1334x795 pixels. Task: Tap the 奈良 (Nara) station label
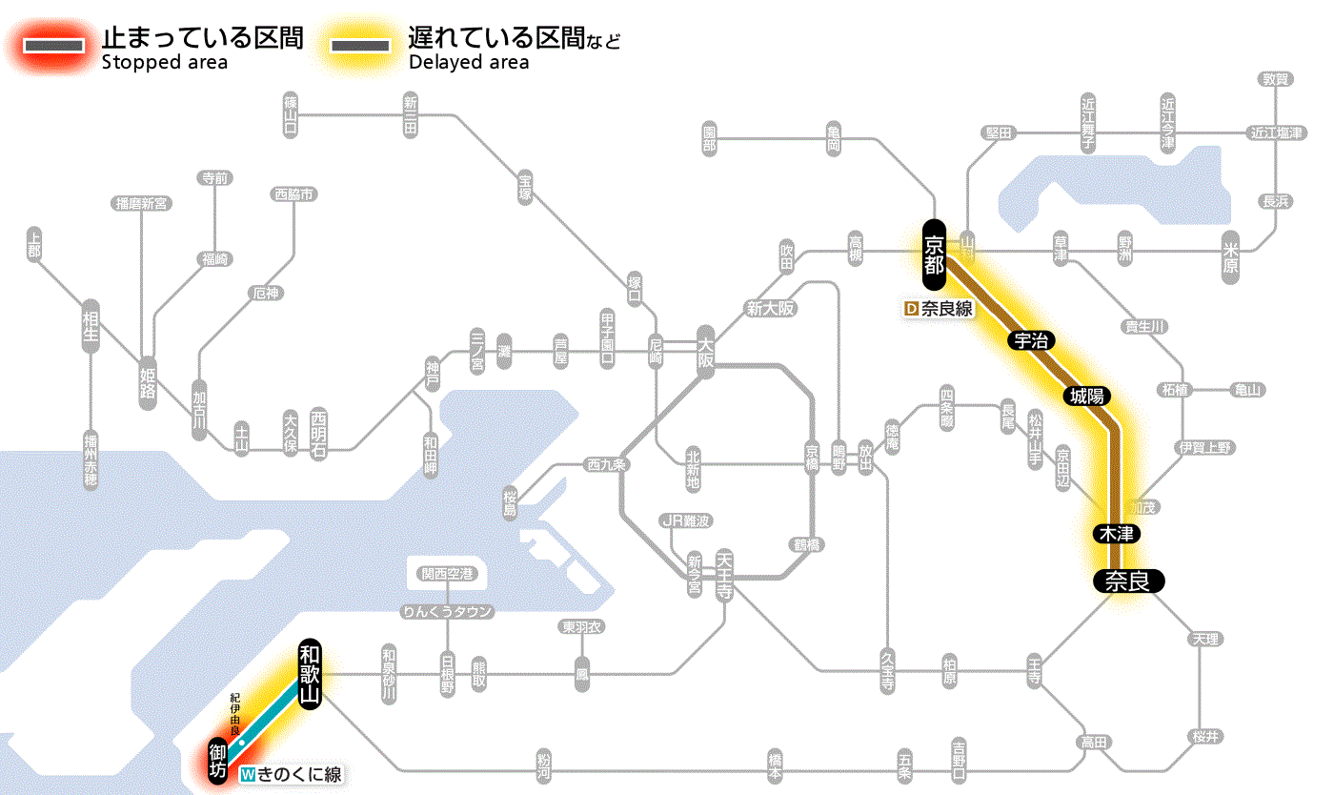[x=1128, y=581]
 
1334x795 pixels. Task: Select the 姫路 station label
[x=148, y=382]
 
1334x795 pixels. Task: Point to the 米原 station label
[x=1230, y=256]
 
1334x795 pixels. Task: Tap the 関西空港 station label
[x=448, y=574]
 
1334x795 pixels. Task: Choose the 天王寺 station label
[x=725, y=574]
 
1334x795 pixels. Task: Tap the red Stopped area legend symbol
[x=56, y=46]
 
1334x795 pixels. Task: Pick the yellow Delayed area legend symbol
[x=359, y=46]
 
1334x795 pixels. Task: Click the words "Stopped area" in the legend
[x=164, y=63]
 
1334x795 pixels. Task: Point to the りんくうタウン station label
[x=448, y=612]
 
